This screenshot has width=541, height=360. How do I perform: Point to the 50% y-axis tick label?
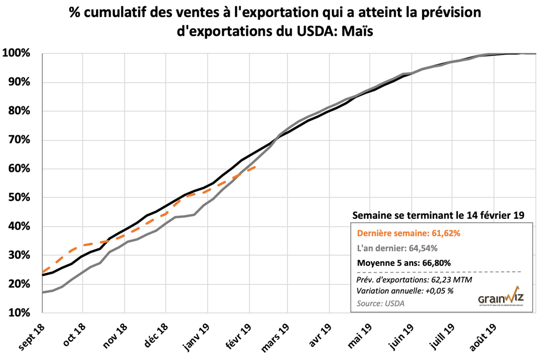(x=20, y=198)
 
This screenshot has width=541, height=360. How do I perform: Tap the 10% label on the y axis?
(x=20, y=313)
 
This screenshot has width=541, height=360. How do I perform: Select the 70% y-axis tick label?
(x=20, y=140)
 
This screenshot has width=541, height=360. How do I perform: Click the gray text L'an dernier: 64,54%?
(x=397, y=247)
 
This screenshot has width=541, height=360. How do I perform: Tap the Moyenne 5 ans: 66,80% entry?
(x=404, y=262)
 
